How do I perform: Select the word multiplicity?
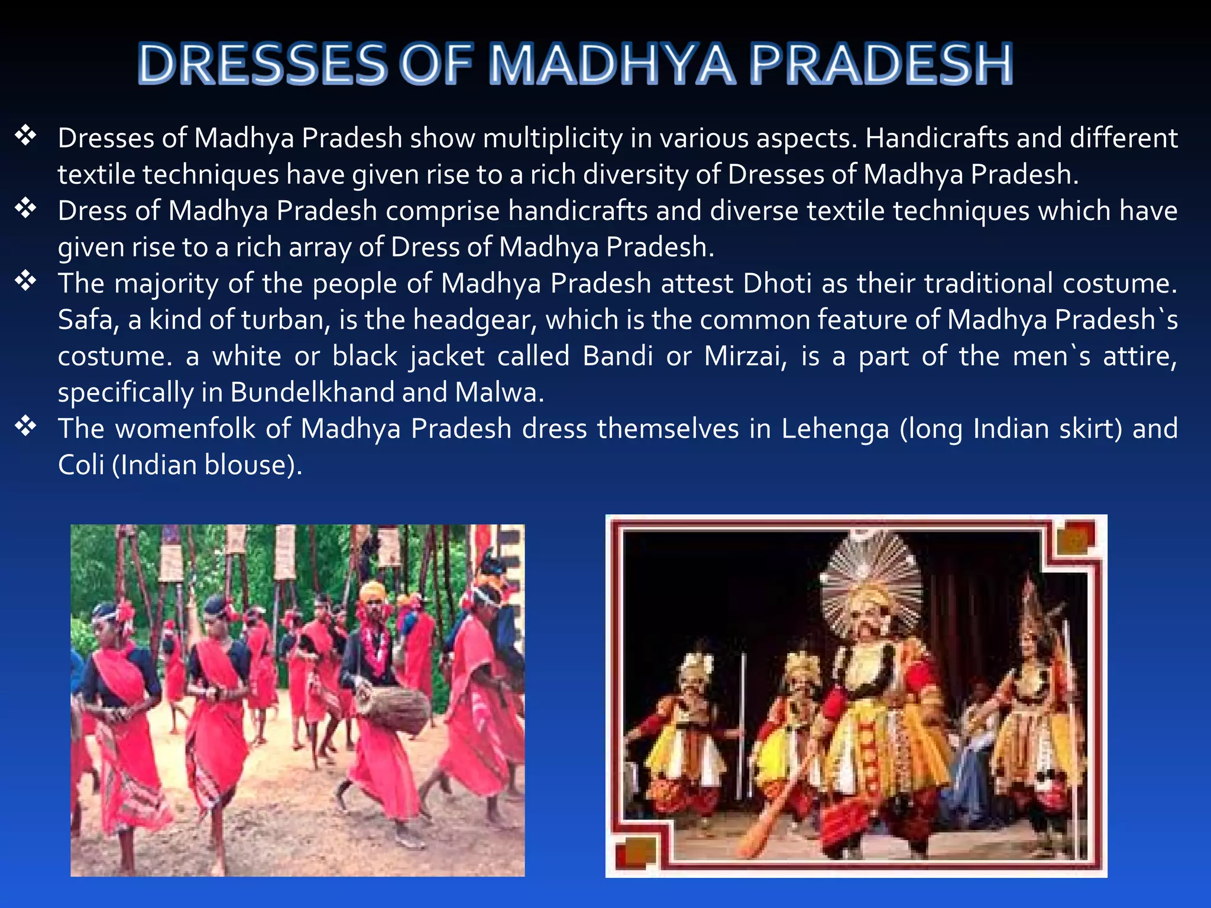click(552, 138)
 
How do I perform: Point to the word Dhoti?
click(777, 284)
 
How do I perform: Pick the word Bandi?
click(619, 356)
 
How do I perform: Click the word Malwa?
click(498, 393)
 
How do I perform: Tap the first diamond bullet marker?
click(26, 136)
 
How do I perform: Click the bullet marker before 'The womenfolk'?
click(26, 426)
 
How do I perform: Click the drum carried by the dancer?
click(394, 709)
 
